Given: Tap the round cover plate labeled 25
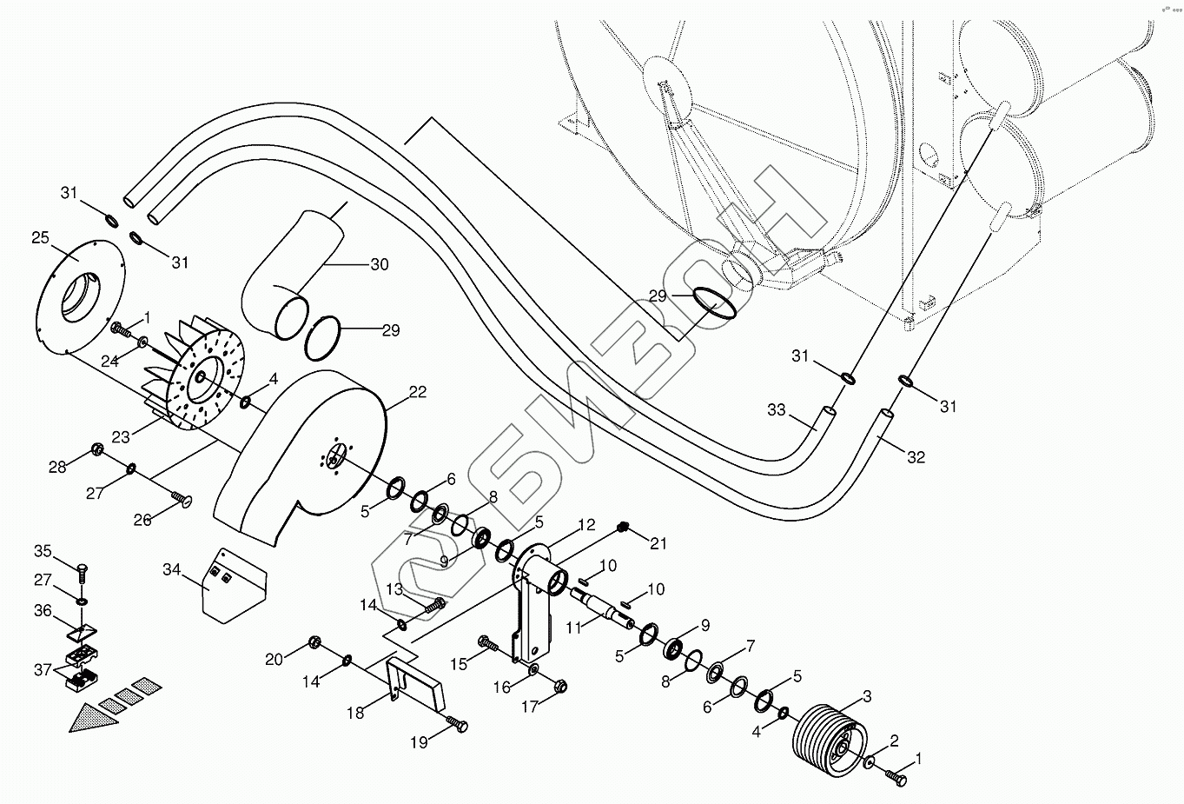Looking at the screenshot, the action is [79, 296].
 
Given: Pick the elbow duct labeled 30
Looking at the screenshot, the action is [291, 275].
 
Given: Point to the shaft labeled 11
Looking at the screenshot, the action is [603, 608].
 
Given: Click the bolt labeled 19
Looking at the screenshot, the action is [458, 724].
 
